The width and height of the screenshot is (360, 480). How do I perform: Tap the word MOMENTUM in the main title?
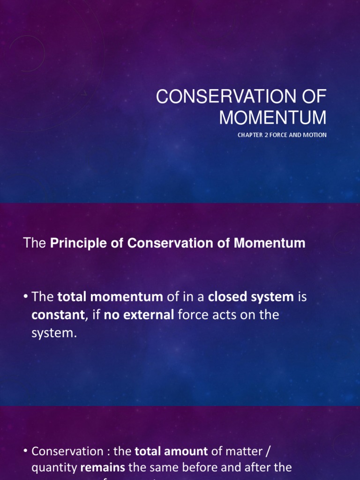[273, 117]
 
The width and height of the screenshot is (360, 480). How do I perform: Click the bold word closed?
[225, 297]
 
